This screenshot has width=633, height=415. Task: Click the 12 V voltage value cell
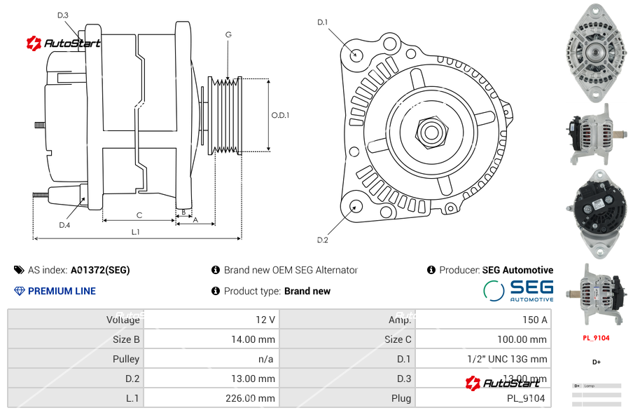tap(265, 320)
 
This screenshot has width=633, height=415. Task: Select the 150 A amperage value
tap(534, 320)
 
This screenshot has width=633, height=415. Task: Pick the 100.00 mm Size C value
tap(518, 339)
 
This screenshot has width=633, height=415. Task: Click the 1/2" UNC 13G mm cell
tap(507, 359)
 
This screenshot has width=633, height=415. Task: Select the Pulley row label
tap(126, 359)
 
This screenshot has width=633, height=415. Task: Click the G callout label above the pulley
tap(228, 34)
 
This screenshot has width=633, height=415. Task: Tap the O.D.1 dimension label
tap(280, 115)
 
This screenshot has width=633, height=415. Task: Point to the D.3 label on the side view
tap(62, 15)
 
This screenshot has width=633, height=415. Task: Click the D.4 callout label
tap(64, 225)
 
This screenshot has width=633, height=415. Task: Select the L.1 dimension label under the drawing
tap(136, 232)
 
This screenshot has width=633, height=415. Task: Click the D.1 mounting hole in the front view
tap(356, 54)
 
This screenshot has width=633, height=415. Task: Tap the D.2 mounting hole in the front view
tap(356, 206)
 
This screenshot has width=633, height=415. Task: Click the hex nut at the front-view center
tap(431, 130)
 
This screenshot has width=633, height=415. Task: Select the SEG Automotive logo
tap(518, 291)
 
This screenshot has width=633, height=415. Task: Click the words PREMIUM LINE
tap(62, 291)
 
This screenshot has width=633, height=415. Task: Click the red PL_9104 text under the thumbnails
tap(596, 338)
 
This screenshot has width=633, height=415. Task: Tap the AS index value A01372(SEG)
tap(99, 270)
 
